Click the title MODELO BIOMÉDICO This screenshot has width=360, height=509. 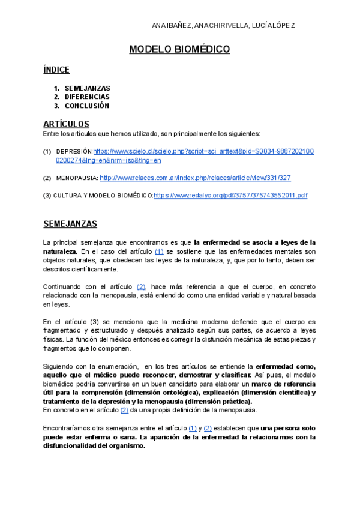click(179, 50)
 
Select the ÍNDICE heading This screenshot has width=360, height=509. click(56, 70)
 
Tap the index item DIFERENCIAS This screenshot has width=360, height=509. click(87, 97)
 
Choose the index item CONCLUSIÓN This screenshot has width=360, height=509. click(87, 106)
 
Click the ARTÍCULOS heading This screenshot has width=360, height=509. click(66, 124)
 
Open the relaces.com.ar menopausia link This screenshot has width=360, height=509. click(195, 178)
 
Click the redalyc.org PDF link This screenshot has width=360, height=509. click(230, 196)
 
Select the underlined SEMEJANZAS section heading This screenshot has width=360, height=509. click(71, 224)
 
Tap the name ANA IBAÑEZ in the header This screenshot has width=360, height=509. click(172, 26)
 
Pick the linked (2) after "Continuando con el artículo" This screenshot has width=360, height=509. click(142, 287)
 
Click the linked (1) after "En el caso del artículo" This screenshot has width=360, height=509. click(159, 251)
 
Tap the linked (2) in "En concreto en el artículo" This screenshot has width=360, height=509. click(125, 410)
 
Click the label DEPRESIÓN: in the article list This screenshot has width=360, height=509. click(74, 152)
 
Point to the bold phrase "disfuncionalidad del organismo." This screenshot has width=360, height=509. click(94, 445)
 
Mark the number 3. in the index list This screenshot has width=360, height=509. click(57, 106)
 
